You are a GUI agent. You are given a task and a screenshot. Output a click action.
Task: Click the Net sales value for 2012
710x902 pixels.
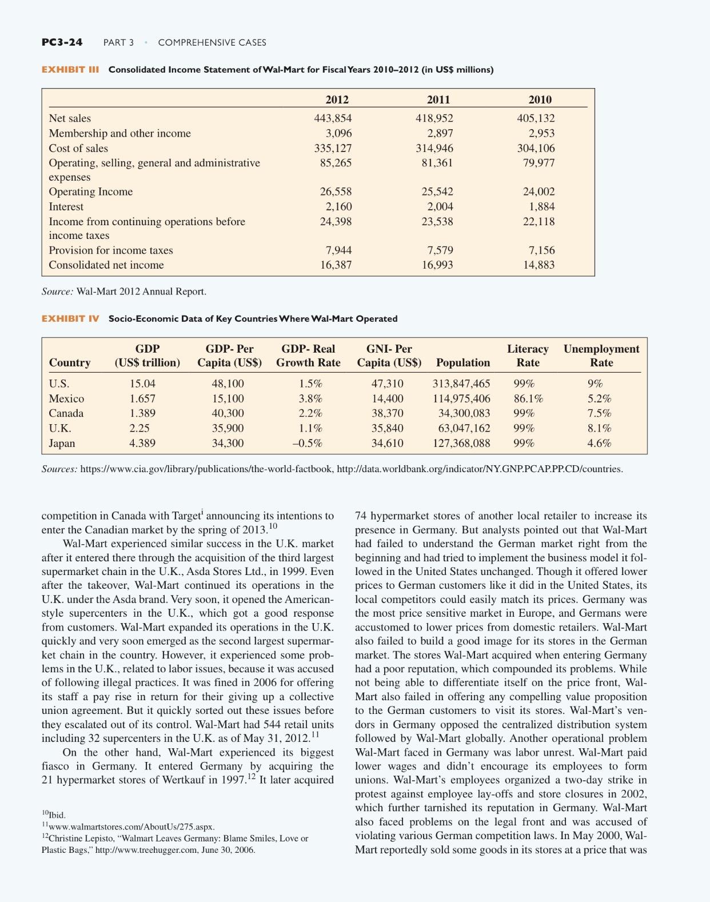333,118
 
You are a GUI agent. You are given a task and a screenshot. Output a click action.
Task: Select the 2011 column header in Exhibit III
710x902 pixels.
438,99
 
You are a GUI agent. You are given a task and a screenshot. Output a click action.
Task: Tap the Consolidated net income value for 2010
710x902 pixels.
539,265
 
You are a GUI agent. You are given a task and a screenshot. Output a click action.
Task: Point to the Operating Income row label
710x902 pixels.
90,192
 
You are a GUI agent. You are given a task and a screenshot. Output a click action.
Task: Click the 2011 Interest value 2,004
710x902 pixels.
440,206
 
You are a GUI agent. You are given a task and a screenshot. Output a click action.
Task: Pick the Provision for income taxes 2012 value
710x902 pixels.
338,250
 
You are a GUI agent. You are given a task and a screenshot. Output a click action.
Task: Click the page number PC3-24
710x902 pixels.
62,42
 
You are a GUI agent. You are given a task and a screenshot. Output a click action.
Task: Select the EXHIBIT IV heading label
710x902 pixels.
70,318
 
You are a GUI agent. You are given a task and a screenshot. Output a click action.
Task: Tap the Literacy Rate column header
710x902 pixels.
527,356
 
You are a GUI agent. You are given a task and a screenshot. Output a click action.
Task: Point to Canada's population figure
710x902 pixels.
464,413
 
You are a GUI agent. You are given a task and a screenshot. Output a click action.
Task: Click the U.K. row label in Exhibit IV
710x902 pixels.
60,428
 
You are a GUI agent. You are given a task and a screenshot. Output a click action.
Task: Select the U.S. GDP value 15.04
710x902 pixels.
142,384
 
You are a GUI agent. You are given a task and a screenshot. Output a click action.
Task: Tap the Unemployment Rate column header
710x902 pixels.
601,356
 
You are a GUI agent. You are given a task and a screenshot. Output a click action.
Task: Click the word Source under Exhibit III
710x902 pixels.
57,292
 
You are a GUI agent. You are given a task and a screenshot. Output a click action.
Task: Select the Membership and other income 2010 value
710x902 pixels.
540,133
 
